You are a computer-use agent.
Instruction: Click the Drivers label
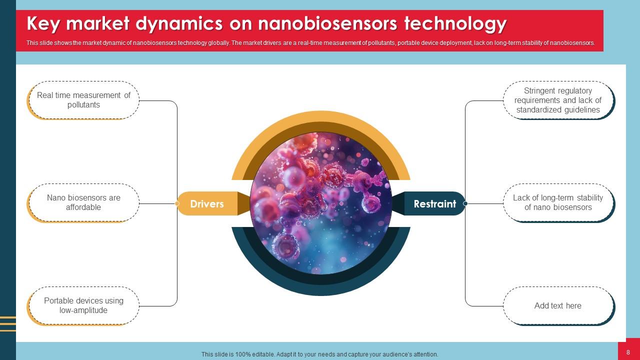coord(207,204)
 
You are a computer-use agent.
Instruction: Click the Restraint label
coord(434,204)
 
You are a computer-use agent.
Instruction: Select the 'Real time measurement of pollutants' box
coord(83,100)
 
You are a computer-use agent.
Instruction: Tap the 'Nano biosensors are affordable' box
coord(83,202)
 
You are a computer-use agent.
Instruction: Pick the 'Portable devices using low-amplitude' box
coord(83,305)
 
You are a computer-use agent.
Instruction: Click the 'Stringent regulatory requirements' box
coord(558,100)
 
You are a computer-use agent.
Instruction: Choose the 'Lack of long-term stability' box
coord(558,202)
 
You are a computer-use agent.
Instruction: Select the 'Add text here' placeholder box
coord(558,305)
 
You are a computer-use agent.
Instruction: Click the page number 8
coord(628,352)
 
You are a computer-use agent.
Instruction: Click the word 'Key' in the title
coord(43,23)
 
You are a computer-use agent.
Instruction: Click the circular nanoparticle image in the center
coord(320,203)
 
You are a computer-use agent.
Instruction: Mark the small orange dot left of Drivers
coord(177,203)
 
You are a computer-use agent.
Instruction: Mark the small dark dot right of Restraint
coord(465,203)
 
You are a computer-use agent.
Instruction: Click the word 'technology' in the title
coord(455,23)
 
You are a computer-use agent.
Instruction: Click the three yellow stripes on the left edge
coord(7,323)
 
